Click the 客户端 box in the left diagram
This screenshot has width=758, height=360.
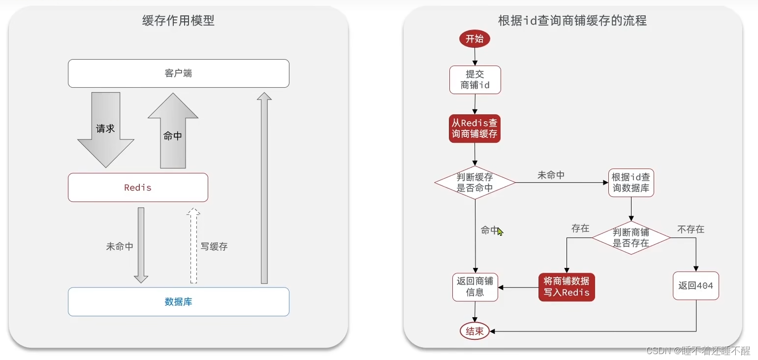[178, 73]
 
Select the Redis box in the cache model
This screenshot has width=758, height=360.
[138, 188]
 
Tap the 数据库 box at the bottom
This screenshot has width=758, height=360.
[178, 301]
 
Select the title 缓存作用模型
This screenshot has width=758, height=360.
[178, 21]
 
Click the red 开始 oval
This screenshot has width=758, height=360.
[474, 39]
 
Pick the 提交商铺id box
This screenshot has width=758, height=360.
[475, 80]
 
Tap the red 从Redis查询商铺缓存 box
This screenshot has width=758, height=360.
[474, 128]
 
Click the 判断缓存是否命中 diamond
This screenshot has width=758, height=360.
[474, 183]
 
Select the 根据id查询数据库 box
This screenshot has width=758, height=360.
[631, 183]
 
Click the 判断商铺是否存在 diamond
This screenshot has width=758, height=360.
[631, 238]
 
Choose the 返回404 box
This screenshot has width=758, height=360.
[695, 286]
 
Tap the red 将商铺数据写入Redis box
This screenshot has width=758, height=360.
[567, 287]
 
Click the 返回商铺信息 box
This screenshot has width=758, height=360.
[475, 287]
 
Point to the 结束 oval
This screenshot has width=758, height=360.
[474, 331]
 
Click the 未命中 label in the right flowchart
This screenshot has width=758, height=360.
[551, 175]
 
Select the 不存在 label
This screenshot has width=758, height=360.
[691, 229]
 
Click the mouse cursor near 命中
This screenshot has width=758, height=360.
[500, 231]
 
